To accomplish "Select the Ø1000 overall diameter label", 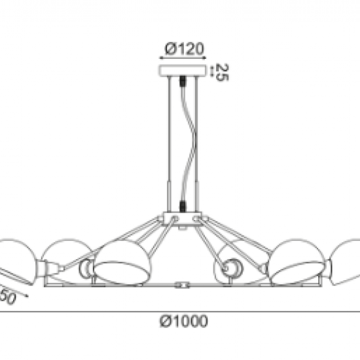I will [x=183, y=321].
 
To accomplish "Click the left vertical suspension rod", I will [x=172, y=144].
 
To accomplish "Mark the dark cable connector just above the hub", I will [x=182, y=204].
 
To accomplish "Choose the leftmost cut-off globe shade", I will [x=13, y=259].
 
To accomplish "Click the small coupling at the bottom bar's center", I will [x=183, y=285].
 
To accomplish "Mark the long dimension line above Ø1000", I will [x=180, y=310].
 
